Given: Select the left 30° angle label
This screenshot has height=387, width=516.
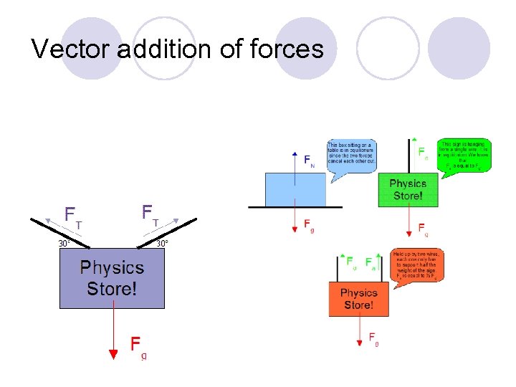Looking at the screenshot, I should click(64, 244).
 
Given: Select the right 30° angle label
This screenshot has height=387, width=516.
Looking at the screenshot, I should click(163, 244).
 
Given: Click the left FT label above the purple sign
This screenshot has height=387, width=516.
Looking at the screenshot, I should click(73, 216).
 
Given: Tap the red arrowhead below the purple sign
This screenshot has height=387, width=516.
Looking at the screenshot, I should click(113, 353).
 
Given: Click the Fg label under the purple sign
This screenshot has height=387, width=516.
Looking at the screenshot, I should click(138, 347).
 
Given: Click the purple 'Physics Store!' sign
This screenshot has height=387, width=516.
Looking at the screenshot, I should click(112, 279).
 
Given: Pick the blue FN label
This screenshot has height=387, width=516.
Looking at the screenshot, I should click(308, 161).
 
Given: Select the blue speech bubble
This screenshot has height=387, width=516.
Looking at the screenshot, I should click(351, 153).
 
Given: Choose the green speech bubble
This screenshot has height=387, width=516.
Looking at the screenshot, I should click(464, 156).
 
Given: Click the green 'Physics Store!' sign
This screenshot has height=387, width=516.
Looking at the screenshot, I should click(408, 189).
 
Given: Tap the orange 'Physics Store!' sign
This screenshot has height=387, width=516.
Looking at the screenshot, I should click(359, 299).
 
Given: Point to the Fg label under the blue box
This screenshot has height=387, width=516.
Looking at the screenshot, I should click(308, 226).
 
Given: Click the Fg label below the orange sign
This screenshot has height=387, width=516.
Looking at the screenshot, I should click(373, 338).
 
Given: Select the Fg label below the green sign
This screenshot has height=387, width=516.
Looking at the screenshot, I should click(424, 229).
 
